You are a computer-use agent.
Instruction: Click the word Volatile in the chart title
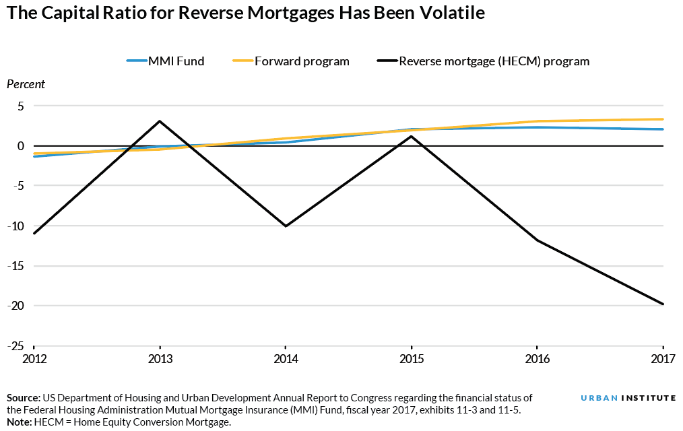point(449,13)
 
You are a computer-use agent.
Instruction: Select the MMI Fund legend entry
point(166,61)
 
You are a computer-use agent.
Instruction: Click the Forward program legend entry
point(290,61)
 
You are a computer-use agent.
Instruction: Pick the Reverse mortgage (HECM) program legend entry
point(483,61)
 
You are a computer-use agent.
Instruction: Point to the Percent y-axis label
point(26,84)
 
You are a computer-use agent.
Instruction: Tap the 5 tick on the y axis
point(20,106)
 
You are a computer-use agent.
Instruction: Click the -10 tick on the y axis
point(15,226)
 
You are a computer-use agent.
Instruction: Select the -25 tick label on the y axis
point(15,345)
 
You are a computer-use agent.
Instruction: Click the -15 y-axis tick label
point(15,265)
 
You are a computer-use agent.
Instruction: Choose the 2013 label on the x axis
point(160,358)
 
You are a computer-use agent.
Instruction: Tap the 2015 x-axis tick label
point(412,358)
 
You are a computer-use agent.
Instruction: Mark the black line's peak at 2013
point(160,121)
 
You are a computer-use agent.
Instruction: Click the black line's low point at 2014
point(286,226)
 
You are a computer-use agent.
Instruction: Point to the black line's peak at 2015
point(412,137)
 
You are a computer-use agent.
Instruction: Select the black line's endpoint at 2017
point(663,304)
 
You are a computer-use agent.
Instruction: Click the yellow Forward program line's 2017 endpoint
point(663,119)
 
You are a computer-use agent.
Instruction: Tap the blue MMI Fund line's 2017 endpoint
point(663,129)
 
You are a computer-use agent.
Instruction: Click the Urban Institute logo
point(628,398)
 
